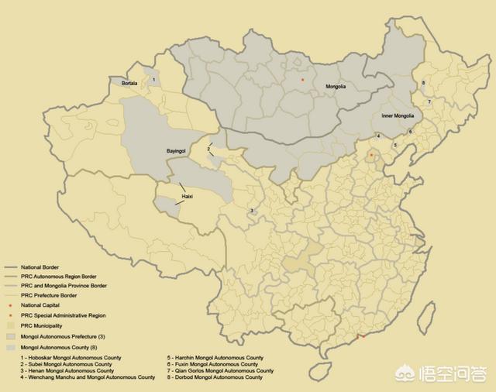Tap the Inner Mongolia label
(398, 116)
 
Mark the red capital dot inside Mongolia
(302, 80)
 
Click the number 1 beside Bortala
(154, 79)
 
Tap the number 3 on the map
(252, 211)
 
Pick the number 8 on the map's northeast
(423, 83)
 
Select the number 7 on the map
(429, 101)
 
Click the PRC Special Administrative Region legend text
(64, 316)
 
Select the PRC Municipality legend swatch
(11, 326)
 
